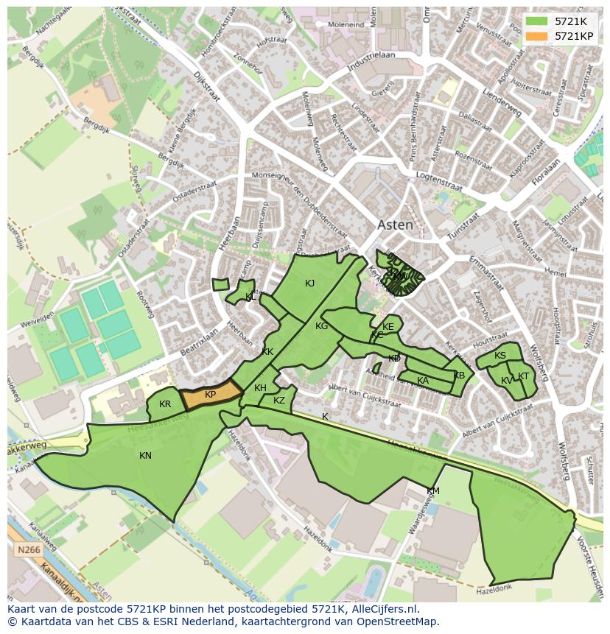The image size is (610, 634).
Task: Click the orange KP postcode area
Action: [x=211, y=395]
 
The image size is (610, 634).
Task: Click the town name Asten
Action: [x=395, y=225]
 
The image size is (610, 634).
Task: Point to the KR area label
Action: [x=165, y=404]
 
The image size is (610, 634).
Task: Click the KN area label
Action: [x=145, y=456]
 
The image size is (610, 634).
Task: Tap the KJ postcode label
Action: [x=310, y=283]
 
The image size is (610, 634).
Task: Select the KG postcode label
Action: [x=321, y=326]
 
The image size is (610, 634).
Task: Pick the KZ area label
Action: [x=278, y=401]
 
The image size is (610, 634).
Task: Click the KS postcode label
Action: [x=500, y=356]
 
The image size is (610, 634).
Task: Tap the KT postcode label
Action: [x=523, y=376]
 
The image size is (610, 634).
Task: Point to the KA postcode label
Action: [x=423, y=381]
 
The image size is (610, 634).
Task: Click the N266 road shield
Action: [x=27, y=549]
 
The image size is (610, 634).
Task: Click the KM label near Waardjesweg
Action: [x=433, y=491]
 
